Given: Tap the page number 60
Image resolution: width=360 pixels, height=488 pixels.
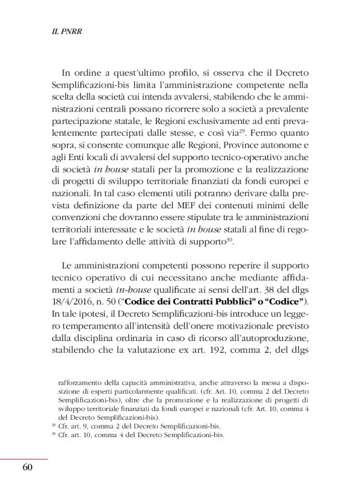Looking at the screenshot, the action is coord(27,467).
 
